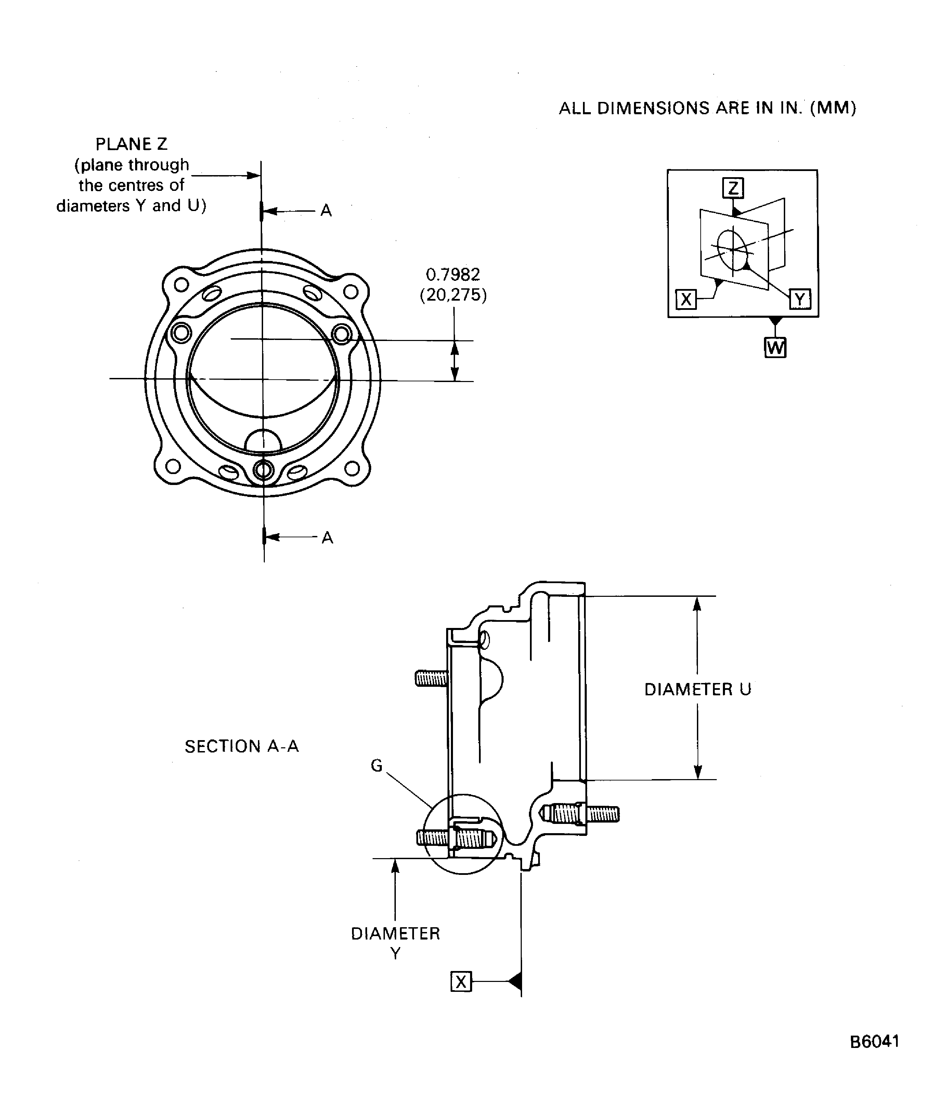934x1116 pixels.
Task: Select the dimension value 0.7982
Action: click(x=453, y=274)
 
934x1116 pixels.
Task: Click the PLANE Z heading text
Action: click(x=131, y=144)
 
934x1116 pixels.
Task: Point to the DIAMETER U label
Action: click(x=698, y=689)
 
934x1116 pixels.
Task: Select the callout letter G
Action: click(x=376, y=766)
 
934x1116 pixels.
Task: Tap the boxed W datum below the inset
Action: click(x=775, y=348)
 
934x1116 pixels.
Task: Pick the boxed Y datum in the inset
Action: click(x=800, y=299)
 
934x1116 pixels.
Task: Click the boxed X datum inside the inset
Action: click(x=686, y=300)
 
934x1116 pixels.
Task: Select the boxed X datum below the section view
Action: click(x=461, y=982)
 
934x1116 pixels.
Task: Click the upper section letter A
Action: click(x=326, y=211)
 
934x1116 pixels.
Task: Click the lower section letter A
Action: click(x=327, y=538)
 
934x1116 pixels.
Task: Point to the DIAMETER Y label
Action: click(x=395, y=942)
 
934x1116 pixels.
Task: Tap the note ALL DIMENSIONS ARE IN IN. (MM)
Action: click(x=707, y=108)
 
